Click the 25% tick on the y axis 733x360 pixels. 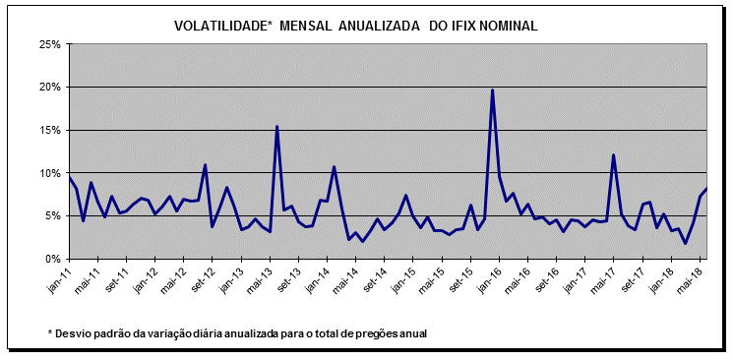[49, 44]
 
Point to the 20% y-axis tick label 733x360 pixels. [49, 88]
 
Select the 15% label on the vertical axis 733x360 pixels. [49, 130]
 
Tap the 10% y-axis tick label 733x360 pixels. [49, 173]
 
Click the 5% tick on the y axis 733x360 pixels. [52, 216]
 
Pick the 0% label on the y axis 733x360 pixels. [52, 259]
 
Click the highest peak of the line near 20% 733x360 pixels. [492, 90]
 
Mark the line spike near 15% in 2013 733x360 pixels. [276, 127]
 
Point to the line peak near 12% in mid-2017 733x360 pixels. [614, 155]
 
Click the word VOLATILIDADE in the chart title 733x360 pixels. [221, 26]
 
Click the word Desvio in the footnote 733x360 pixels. [75, 333]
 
